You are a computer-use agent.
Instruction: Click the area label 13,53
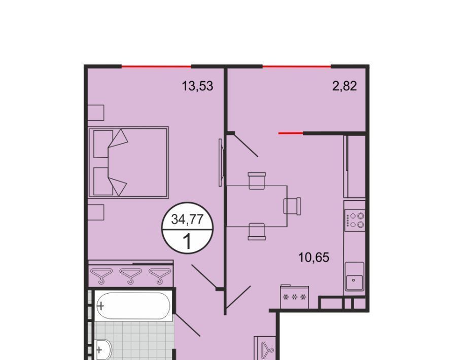tap(197, 86)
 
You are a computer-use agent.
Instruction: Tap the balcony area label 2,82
tap(344, 86)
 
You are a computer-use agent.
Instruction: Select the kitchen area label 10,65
tap(313, 257)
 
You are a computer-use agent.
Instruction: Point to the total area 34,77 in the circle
tap(187, 220)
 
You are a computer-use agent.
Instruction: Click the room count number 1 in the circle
tap(188, 241)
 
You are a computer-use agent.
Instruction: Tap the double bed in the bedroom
tap(128, 162)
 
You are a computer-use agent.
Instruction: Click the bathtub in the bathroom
tap(133, 306)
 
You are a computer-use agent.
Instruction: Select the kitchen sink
tap(354, 276)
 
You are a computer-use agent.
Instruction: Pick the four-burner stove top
tap(354, 220)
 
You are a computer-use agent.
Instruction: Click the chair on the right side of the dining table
tap(292, 206)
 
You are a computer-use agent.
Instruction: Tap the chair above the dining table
tap(257, 181)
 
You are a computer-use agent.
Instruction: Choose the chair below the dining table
tap(257, 231)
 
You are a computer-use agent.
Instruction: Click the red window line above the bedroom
tap(156, 67)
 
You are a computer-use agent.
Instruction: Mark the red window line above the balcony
tap(297, 67)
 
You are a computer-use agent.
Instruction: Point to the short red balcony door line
tap(291, 133)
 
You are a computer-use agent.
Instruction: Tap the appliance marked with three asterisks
tap(294, 297)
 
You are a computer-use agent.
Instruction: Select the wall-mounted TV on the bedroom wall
tap(221, 162)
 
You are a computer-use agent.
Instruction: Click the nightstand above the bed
tap(96, 113)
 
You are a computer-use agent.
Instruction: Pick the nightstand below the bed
tap(96, 212)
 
